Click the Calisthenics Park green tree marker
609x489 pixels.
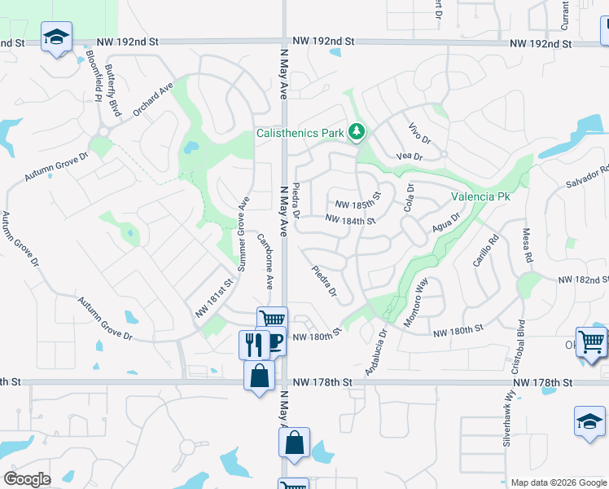(356, 131)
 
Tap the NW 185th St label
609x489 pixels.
(358, 204)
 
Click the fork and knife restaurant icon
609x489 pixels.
(254, 344)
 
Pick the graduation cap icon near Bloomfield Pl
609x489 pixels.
(57, 36)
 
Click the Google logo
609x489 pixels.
(27, 478)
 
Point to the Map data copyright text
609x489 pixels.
(558, 482)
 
